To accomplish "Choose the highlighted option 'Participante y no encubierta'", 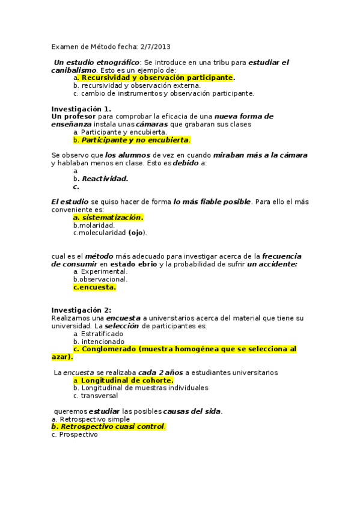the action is [x=135, y=140].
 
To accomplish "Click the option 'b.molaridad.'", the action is [x=94, y=225].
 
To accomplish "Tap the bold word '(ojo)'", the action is [x=136, y=233].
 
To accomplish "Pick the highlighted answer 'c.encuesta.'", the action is [x=94, y=287].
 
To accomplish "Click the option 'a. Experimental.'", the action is [x=100, y=271].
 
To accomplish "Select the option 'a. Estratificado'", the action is [x=98, y=333].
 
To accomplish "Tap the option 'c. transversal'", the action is [x=96, y=396].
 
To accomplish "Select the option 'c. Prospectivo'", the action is [x=75, y=434].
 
